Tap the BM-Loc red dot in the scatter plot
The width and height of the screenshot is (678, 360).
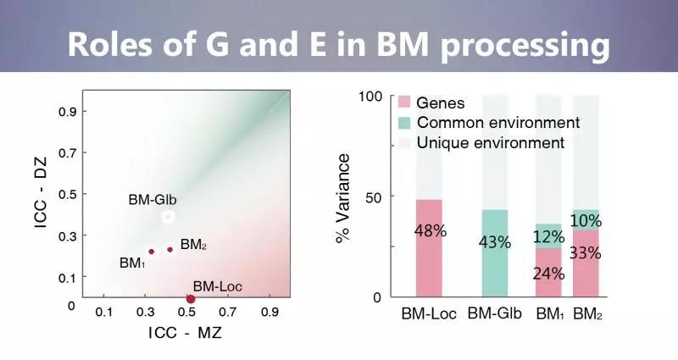click(191, 298)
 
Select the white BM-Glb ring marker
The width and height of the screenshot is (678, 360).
click(168, 217)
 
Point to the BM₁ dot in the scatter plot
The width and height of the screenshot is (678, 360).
click(152, 252)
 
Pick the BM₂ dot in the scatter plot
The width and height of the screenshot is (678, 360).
click(169, 249)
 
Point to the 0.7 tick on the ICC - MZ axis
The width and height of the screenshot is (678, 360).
click(228, 313)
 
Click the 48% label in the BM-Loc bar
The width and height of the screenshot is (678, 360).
click(431, 230)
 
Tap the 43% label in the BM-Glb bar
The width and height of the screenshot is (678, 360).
click(494, 242)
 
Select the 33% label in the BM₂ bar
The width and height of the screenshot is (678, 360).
click(586, 252)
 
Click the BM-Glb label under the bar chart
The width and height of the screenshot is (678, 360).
click(493, 314)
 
